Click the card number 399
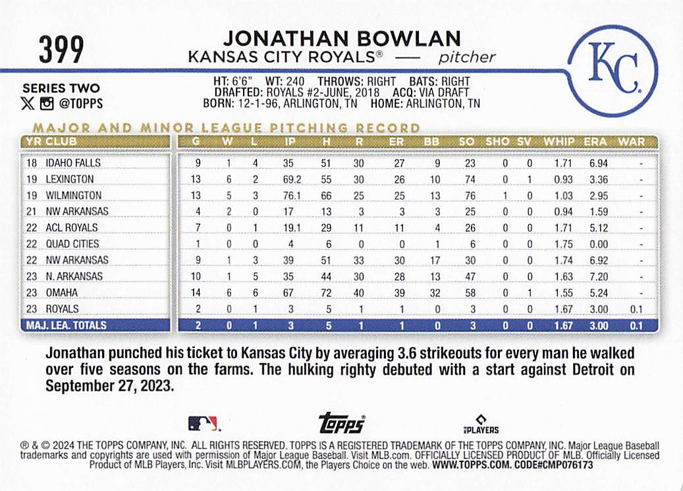click(x=61, y=50)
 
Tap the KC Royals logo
click(x=613, y=69)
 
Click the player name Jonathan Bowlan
click(x=341, y=39)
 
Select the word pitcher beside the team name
click(x=467, y=57)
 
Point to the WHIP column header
click(x=559, y=141)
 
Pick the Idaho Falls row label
click(x=73, y=163)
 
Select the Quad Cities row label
click(x=72, y=244)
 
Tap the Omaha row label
click(x=61, y=293)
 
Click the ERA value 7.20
click(x=599, y=277)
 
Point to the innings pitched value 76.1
click(x=288, y=196)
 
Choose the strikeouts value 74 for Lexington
click(x=469, y=179)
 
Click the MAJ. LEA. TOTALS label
click(x=65, y=325)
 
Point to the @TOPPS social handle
click(x=80, y=103)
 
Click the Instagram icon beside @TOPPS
click(x=46, y=103)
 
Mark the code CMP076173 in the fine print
click(x=564, y=465)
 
